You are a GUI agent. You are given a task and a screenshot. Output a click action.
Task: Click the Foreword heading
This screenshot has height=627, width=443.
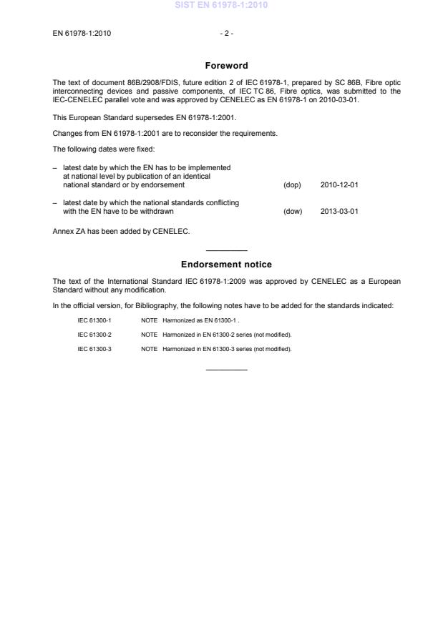tap(226, 66)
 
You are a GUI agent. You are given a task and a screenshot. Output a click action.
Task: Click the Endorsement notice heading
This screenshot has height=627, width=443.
tap(226, 265)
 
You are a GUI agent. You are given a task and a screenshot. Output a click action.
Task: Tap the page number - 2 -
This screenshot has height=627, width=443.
tap(226, 33)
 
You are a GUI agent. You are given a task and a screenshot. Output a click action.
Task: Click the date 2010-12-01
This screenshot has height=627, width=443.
tap(339, 185)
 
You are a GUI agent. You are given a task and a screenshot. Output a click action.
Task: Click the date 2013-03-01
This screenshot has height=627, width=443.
tap(339, 212)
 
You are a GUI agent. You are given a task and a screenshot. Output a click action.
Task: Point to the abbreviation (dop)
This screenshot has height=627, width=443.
tap(292, 185)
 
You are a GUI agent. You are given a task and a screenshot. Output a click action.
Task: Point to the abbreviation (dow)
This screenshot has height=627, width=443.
tap(293, 212)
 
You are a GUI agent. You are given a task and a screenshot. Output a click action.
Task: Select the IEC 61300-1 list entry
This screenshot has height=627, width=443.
tap(94, 321)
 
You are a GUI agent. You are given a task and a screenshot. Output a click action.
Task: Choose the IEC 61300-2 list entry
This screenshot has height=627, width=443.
tap(94, 335)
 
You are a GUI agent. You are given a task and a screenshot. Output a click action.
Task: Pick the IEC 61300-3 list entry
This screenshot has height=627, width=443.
tap(94, 349)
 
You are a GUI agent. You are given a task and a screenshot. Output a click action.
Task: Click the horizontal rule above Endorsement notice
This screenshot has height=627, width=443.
tap(226, 250)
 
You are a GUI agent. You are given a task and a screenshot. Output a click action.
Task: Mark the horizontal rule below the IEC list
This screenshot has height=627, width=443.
tap(226, 370)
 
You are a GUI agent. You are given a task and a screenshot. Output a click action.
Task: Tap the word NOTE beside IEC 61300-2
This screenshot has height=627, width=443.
tap(150, 335)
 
